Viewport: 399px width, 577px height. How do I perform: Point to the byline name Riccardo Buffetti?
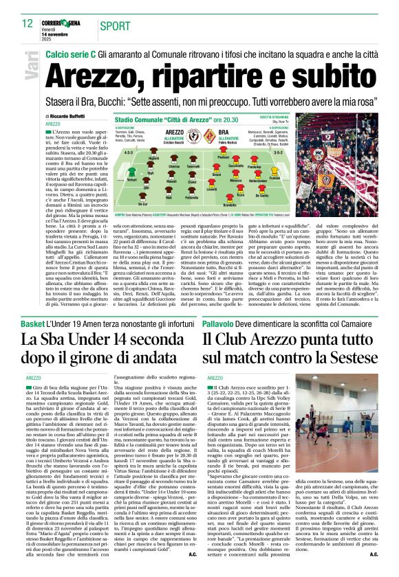click(68, 116)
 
